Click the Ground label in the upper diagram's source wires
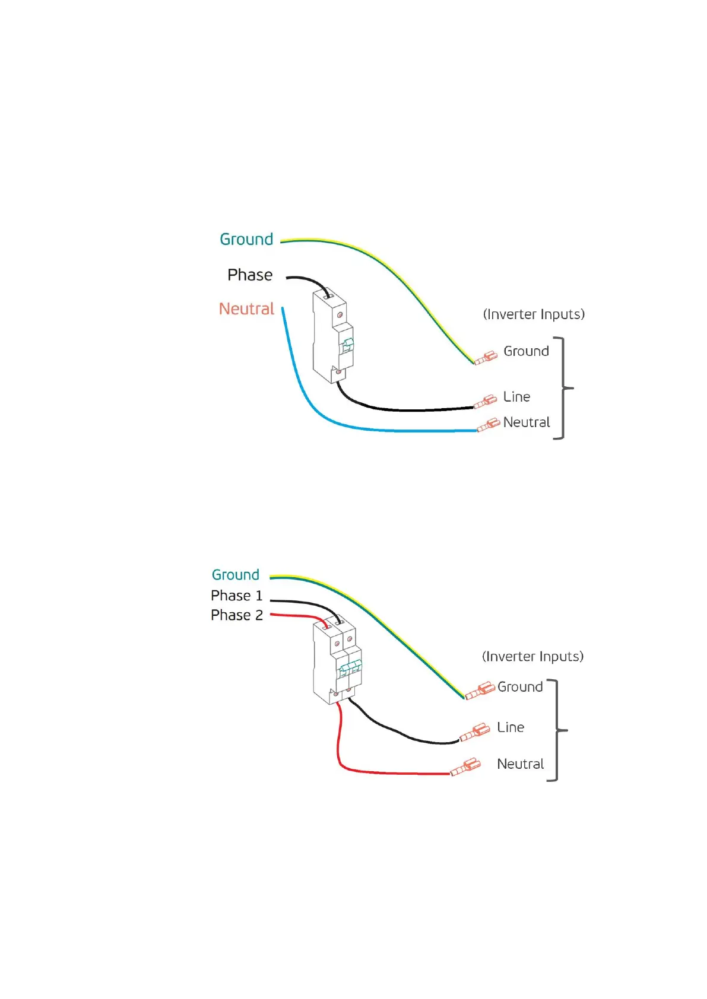point(246,239)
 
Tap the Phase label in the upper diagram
point(250,275)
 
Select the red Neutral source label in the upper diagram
point(246,308)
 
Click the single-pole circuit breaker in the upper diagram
point(332,336)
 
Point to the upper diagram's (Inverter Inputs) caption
point(534,314)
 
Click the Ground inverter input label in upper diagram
point(526,351)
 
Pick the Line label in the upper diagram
point(516,396)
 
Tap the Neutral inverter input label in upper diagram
point(527,422)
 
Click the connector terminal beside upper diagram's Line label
point(486,402)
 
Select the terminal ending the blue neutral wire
point(489,425)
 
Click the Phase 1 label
point(236,595)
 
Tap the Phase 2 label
point(236,615)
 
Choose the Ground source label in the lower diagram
point(236,574)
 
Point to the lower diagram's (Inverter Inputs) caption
point(532,656)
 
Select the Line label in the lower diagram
point(511,727)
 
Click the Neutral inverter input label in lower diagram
point(520,764)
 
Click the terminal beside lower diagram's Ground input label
point(480,690)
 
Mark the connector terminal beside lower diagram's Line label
point(475,733)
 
